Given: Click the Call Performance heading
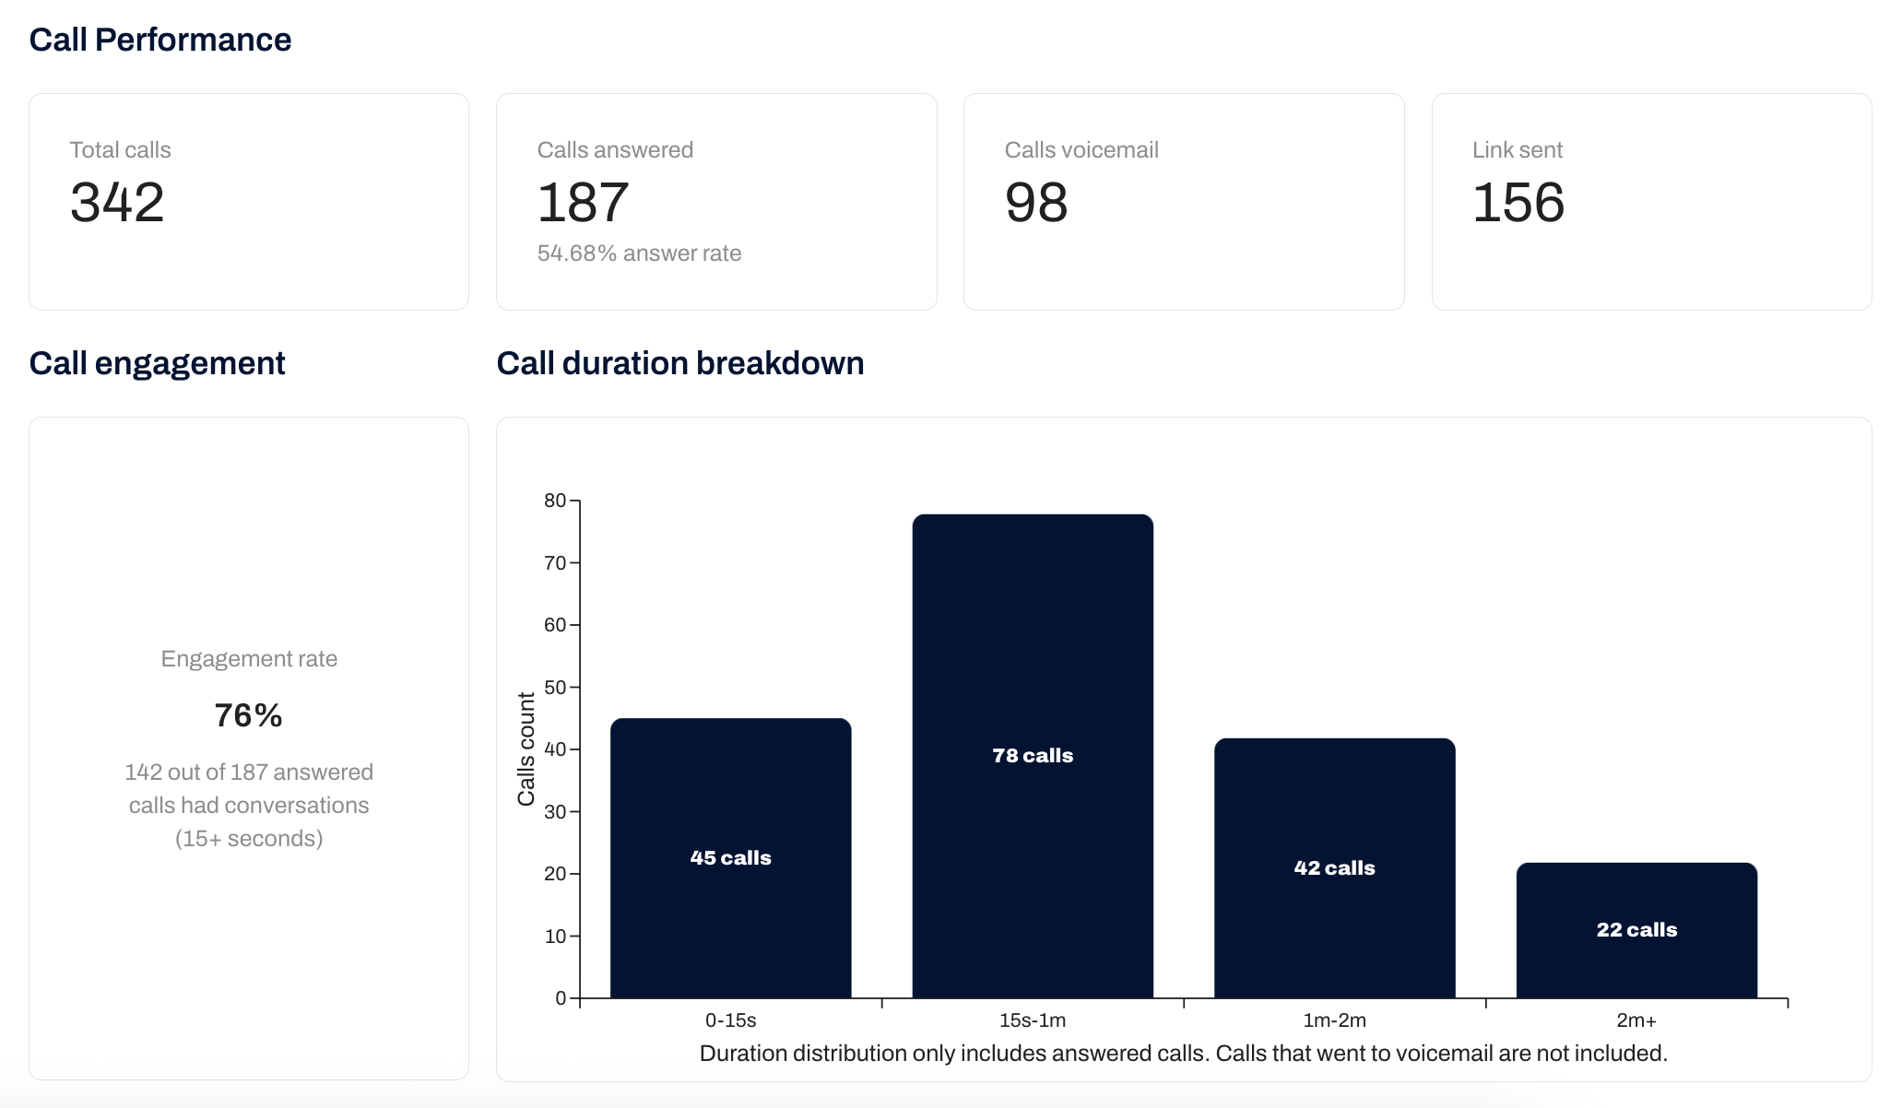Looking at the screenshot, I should (x=160, y=40).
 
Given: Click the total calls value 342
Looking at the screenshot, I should (x=117, y=202).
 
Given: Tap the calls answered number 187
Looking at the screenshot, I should (x=583, y=202).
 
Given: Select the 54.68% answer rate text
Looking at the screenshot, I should (x=639, y=253).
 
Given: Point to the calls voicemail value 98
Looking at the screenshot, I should (x=1036, y=202).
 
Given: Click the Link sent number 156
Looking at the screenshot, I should (x=1518, y=202).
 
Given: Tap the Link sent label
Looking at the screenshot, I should (x=1517, y=150).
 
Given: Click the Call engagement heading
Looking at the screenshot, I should (x=157, y=363).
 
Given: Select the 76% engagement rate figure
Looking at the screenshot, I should (x=248, y=715).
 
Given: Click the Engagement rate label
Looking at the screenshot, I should (x=249, y=659).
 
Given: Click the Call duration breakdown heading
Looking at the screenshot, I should (x=679, y=363).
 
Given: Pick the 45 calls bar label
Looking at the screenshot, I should (x=730, y=858).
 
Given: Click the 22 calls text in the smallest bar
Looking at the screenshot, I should (x=1636, y=930).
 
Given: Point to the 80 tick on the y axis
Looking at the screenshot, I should (x=555, y=501).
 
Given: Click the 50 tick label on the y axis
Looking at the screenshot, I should (x=555, y=688).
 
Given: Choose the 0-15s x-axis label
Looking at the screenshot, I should (x=730, y=1020).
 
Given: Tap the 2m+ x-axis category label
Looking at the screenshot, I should (x=1636, y=1020).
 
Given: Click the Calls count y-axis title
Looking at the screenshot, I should (x=526, y=748).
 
